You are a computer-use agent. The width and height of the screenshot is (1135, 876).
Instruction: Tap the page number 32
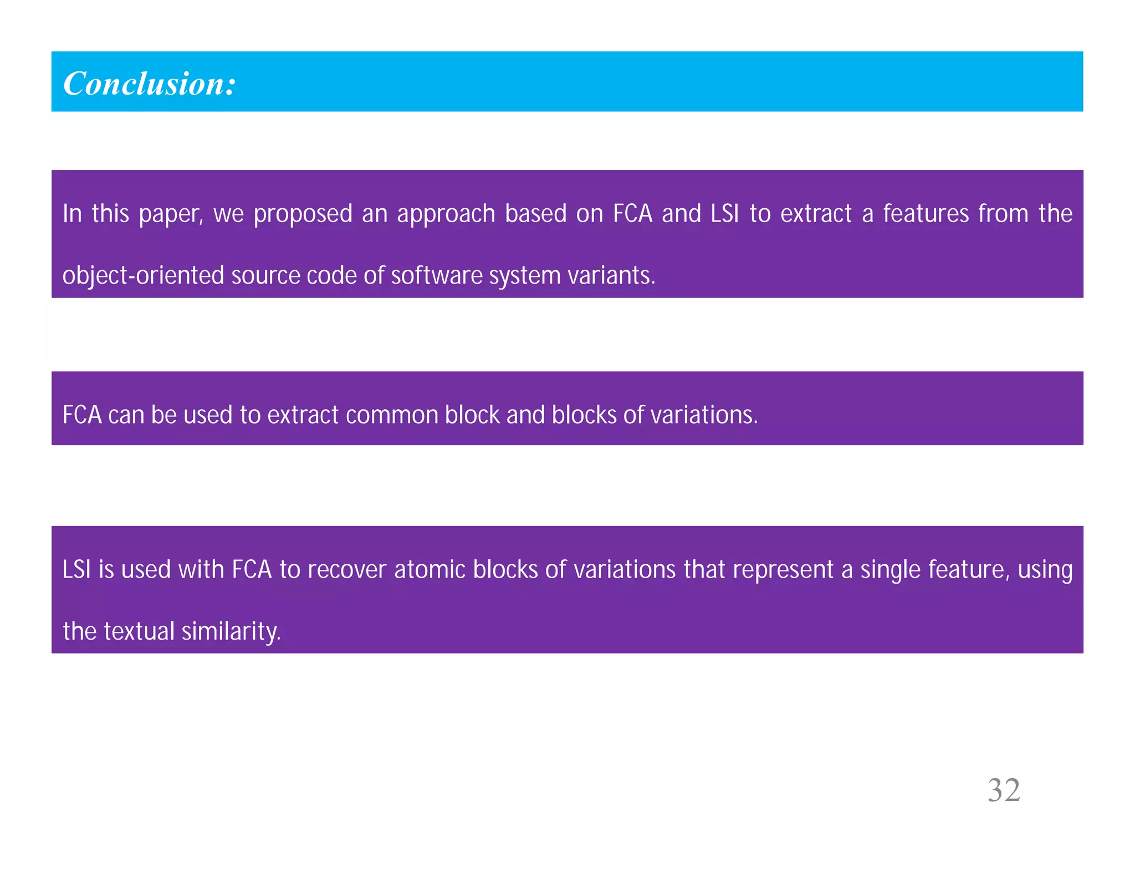[1004, 790]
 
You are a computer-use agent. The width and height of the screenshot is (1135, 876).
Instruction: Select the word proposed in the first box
[303, 214]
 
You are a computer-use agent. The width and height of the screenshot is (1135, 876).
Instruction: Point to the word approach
[446, 214]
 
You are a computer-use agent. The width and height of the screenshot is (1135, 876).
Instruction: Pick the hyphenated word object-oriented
[143, 276]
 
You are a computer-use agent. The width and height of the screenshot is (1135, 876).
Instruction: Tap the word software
[436, 276]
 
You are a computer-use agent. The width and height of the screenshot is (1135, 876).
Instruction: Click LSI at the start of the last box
[76, 570]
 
